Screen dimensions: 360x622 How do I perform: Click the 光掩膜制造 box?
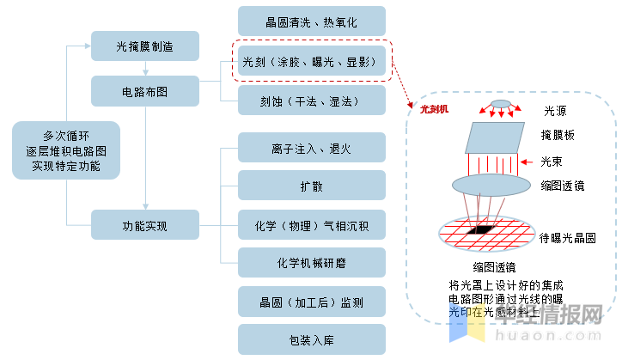tap(144, 46)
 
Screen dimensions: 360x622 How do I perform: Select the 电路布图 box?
tap(144, 90)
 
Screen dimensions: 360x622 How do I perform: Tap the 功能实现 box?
tap(144, 227)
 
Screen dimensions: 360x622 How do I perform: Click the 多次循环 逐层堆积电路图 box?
tap(66, 151)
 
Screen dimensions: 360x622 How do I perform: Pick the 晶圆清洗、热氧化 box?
tap(311, 21)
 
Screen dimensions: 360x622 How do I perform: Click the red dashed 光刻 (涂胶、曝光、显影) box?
tap(311, 62)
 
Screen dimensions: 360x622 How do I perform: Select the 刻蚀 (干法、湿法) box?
tap(311, 101)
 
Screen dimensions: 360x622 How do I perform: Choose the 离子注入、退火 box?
tap(311, 149)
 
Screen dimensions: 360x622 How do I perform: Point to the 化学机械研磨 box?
tap(311, 262)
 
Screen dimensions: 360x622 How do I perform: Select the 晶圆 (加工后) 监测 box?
tap(311, 302)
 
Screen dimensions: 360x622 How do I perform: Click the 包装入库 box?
tap(311, 340)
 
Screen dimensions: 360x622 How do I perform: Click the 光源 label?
tap(555, 111)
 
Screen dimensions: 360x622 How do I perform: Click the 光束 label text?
tap(554, 161)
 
